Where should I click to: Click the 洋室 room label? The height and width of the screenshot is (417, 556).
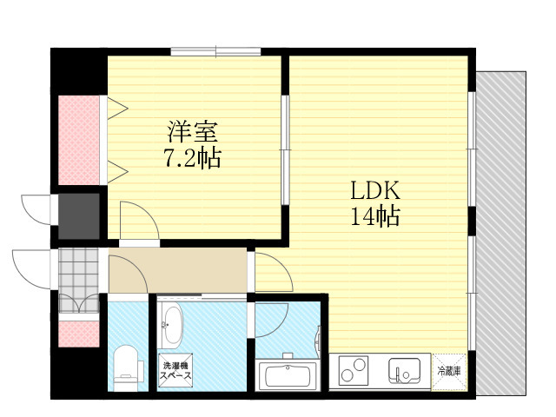(192, 131)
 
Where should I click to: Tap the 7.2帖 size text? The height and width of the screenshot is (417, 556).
(192, 157)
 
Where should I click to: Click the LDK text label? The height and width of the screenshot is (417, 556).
(375, 190)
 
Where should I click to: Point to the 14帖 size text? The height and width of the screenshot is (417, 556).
(375, 215)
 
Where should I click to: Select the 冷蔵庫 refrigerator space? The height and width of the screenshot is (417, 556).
(449, 371)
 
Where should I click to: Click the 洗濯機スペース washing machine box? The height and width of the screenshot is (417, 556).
(175, 371)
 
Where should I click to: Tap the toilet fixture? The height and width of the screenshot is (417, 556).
(127, 367)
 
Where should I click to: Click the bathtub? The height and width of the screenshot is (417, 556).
(288, 374)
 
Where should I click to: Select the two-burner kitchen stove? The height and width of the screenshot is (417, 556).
(354, 370)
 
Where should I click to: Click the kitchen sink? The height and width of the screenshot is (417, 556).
(404, 371)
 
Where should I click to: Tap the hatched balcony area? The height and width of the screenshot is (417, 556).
(500, 233)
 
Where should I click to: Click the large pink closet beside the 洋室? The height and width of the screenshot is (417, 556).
(79, 140)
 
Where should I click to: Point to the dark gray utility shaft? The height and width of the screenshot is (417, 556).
(79, 216)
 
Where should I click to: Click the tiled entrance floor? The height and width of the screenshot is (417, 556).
(78, 280)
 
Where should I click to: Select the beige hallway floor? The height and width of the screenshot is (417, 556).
(177, 270)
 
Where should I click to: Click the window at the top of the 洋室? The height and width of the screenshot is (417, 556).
(216, 52)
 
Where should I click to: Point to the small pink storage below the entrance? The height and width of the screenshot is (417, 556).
(79, 334)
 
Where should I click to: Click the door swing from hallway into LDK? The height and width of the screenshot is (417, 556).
(274, 272)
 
